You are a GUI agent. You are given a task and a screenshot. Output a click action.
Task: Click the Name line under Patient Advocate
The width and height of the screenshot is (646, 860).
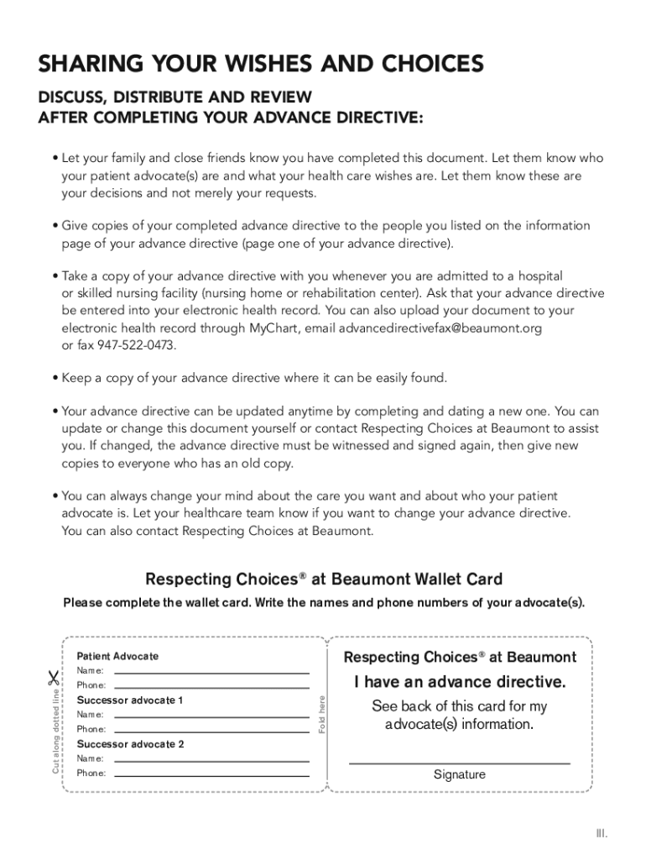click(x=211, y=673)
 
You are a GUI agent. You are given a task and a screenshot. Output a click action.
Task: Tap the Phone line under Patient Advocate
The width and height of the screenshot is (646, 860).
click(x=211, y=687)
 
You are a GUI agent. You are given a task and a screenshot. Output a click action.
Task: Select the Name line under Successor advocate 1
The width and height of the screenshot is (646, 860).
click(x=211, y=716)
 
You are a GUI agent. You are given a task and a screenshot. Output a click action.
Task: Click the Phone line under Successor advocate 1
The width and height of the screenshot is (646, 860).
click(x=211, y=731)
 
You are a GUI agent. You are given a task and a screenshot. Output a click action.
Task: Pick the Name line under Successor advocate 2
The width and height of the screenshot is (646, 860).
click(x=211, y=760)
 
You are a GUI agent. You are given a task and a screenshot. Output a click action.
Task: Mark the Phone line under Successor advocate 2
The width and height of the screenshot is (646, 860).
click(x=211, y=774)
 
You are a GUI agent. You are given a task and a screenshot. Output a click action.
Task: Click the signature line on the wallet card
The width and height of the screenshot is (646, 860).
click(x=459, y=763)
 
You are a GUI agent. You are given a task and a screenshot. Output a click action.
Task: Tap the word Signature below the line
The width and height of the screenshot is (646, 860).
click(x=459, y=774)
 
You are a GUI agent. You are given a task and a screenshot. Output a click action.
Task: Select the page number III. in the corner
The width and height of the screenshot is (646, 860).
click(x=601, y=833)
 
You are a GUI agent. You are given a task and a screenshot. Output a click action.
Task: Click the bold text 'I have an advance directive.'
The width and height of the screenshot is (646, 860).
click(x=460, y=681)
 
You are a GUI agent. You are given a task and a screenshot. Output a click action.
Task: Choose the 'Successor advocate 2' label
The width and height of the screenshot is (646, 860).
click(x=130, y=744)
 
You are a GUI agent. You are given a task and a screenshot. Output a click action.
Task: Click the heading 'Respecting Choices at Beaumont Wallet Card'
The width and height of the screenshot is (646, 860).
click(x=324, y=579)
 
